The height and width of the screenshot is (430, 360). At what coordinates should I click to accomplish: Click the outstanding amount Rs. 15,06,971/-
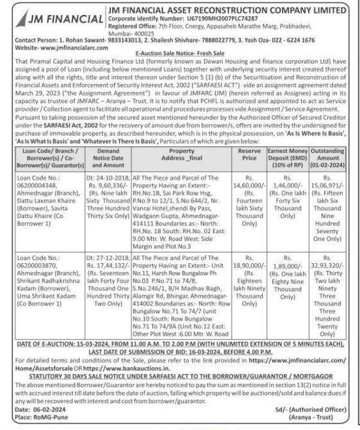click(x=328, y=170)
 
